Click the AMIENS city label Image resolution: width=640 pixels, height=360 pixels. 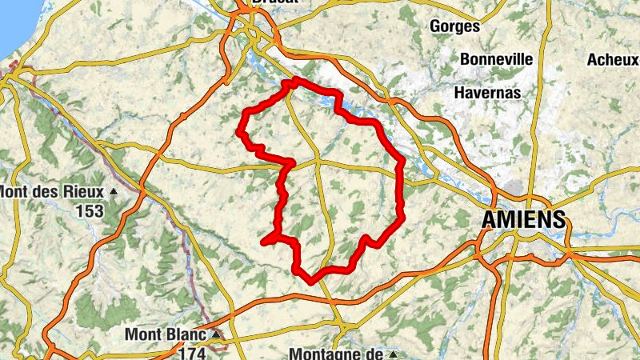(524, 219)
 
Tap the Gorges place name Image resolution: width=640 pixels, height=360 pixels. (454, 26)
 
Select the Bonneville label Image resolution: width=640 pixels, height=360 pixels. (496, 59)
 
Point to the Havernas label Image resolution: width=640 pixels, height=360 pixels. (487, 93)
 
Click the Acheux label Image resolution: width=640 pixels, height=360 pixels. (613, 59)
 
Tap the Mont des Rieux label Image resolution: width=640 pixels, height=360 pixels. (53, 192)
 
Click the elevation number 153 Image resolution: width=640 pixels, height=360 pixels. (90, 211)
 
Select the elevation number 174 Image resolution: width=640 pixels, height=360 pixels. (194, 351)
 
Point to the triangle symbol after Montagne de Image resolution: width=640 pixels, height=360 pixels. (392, 353)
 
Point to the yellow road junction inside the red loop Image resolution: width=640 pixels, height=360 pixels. (318, 161)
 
